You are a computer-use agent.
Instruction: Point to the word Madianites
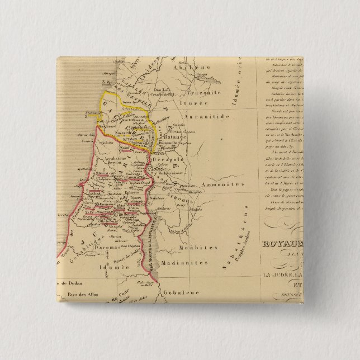tap(177, 261)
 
